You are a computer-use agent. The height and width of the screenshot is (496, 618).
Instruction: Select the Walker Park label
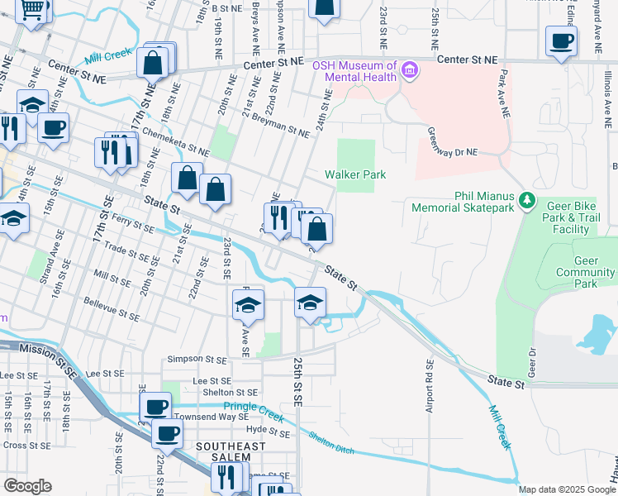(x=355, y=174)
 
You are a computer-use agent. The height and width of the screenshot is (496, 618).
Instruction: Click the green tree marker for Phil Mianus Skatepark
(x=525, y=199)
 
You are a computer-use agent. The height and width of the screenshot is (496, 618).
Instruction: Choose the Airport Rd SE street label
(x=430, y=387)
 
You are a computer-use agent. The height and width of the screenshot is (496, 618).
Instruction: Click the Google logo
(x=28, y=486)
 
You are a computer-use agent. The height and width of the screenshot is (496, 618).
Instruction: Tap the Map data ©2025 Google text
(x=567, y=489)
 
